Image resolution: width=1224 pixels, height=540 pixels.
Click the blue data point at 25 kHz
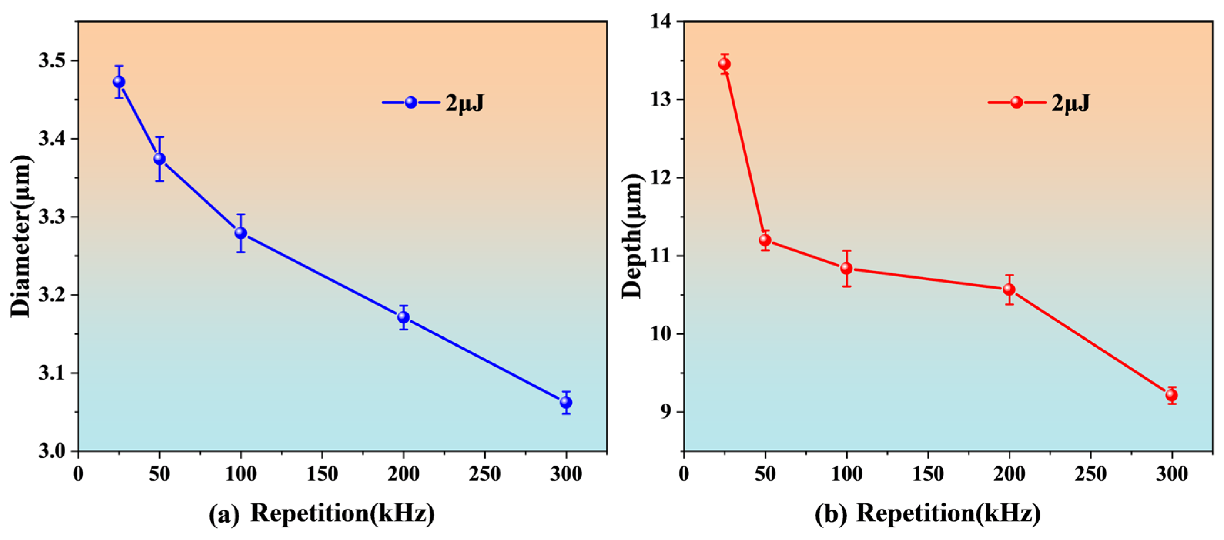click(119, 82)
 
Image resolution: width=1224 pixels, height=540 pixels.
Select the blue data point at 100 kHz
click(241, 233)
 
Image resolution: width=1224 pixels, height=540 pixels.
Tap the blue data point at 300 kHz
click(566, 402)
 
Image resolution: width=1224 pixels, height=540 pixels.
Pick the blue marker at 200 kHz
click(404, 317)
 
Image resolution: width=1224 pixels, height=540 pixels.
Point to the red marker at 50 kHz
click(765, 240)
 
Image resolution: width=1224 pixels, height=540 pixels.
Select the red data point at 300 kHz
click(1172, 395)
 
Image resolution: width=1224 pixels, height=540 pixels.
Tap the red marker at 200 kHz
click(1009, 289)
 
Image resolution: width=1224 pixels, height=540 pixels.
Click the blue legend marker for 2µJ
click(411, 102)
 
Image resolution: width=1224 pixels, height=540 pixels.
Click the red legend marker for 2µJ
click(1016, 102)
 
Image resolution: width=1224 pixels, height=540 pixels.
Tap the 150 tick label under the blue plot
click(322, 474)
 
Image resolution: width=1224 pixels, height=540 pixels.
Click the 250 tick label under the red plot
click(1090, 474)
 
